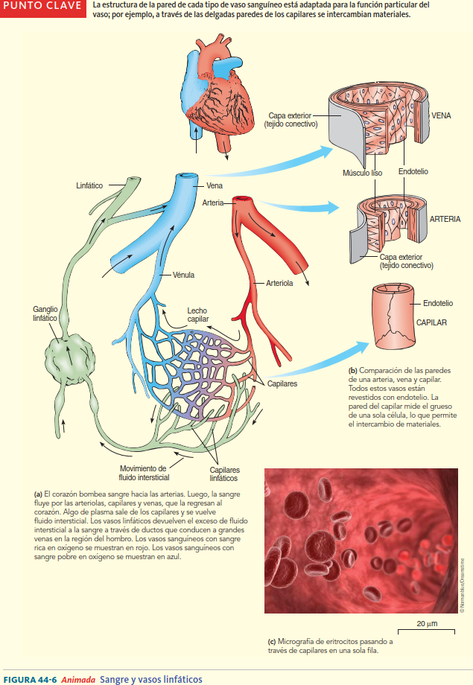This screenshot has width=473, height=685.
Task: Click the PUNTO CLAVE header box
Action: tap(42, 7)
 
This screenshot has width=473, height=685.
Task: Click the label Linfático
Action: tap(89, 185)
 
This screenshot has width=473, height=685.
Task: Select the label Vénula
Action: tap(183, 275)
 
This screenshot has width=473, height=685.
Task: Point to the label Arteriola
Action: tap(279, 284)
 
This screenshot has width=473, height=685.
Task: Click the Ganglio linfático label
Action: tap(45, 313)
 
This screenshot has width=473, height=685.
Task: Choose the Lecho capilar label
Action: tap(197, 315)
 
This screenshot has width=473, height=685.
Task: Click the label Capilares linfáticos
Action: tap(224, 474)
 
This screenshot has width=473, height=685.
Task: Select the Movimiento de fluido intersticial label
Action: tap(145, 473)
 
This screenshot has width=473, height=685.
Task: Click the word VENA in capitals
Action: tap(441, 115)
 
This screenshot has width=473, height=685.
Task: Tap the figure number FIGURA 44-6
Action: tap(31, 679)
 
